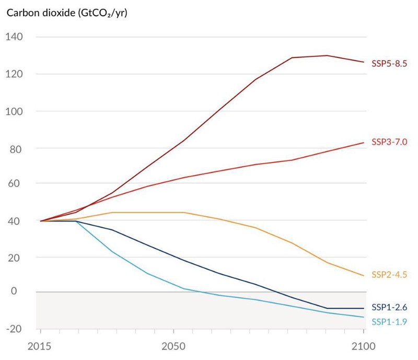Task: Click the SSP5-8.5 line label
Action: tap(389, 64)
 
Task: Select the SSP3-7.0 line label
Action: tap(389, 142)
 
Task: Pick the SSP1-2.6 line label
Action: tap(389, 307)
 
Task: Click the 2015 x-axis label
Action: tap(40, 346)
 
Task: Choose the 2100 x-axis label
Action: tap(364, 346)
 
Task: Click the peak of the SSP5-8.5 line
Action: tap(327, 55)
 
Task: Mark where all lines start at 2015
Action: tap(41, 221)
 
